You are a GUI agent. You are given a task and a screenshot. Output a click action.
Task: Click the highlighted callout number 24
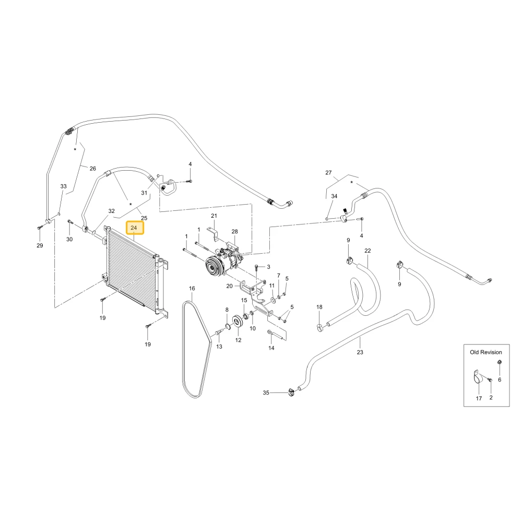[134, 228]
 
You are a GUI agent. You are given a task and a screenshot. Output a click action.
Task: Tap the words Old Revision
[485, 352]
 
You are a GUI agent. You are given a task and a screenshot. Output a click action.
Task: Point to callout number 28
[235, 231]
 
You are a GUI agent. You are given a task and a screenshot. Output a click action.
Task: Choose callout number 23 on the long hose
[360, 352]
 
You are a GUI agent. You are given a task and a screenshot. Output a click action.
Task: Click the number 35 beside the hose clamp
[266, 393]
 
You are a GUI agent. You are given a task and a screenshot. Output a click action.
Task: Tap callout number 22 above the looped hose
[367, 251]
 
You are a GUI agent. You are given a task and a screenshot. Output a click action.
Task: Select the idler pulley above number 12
[238, 322]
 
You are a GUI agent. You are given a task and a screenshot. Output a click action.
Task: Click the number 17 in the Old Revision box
[479, 398]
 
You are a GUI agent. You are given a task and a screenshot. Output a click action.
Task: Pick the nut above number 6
[500, 362]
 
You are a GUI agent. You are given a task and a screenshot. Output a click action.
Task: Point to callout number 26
[93, 169]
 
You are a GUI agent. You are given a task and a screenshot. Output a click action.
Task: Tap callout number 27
[328, 172]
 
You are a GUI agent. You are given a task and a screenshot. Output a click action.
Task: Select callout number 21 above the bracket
[214, 216]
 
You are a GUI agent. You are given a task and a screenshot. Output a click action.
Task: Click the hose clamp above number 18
[319, 327]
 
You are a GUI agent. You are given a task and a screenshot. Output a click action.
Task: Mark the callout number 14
[271, 348]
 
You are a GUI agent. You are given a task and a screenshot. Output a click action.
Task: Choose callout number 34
[334, 196]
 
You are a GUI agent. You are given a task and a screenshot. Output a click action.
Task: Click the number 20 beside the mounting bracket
[229, 286]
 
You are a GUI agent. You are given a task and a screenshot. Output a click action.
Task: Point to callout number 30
[69, 239]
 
